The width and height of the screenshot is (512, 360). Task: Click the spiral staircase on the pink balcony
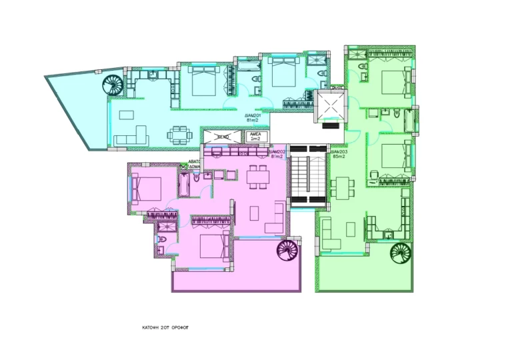point(289,252)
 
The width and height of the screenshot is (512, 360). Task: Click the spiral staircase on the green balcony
point(403,255)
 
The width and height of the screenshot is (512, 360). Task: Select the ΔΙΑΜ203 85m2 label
point(341,155)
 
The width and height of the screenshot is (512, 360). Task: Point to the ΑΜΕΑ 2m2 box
point(255,137)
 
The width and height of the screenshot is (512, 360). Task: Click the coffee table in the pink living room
point(255,213)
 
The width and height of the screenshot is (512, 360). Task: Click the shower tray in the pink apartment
point(167,227)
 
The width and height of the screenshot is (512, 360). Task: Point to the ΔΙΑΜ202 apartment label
point(277,155)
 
